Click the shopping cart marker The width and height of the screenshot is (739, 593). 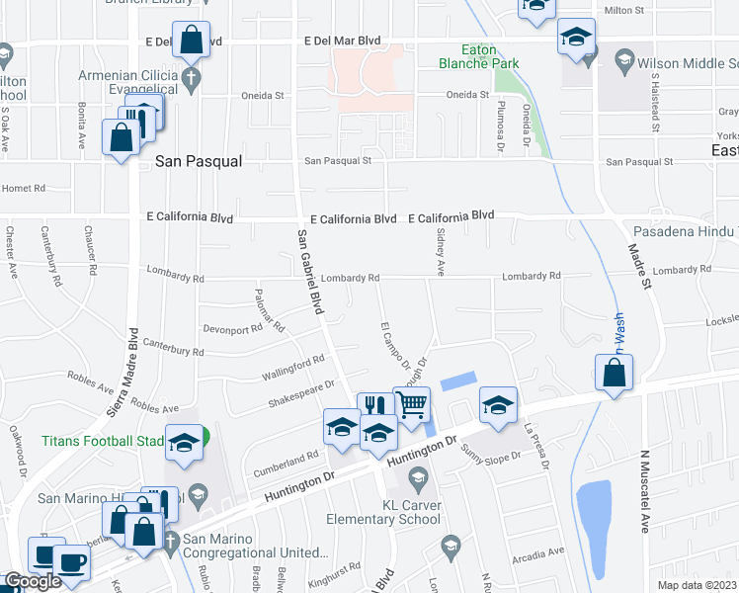pyautogui.click(x=411, y=403)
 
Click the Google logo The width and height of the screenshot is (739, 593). pyautogui.click(x=34, y=581)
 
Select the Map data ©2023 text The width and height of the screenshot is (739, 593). pyautogui.click(x=698, y=585)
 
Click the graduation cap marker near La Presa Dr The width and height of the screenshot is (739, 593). pyautogui.click(x=498, y=405)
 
